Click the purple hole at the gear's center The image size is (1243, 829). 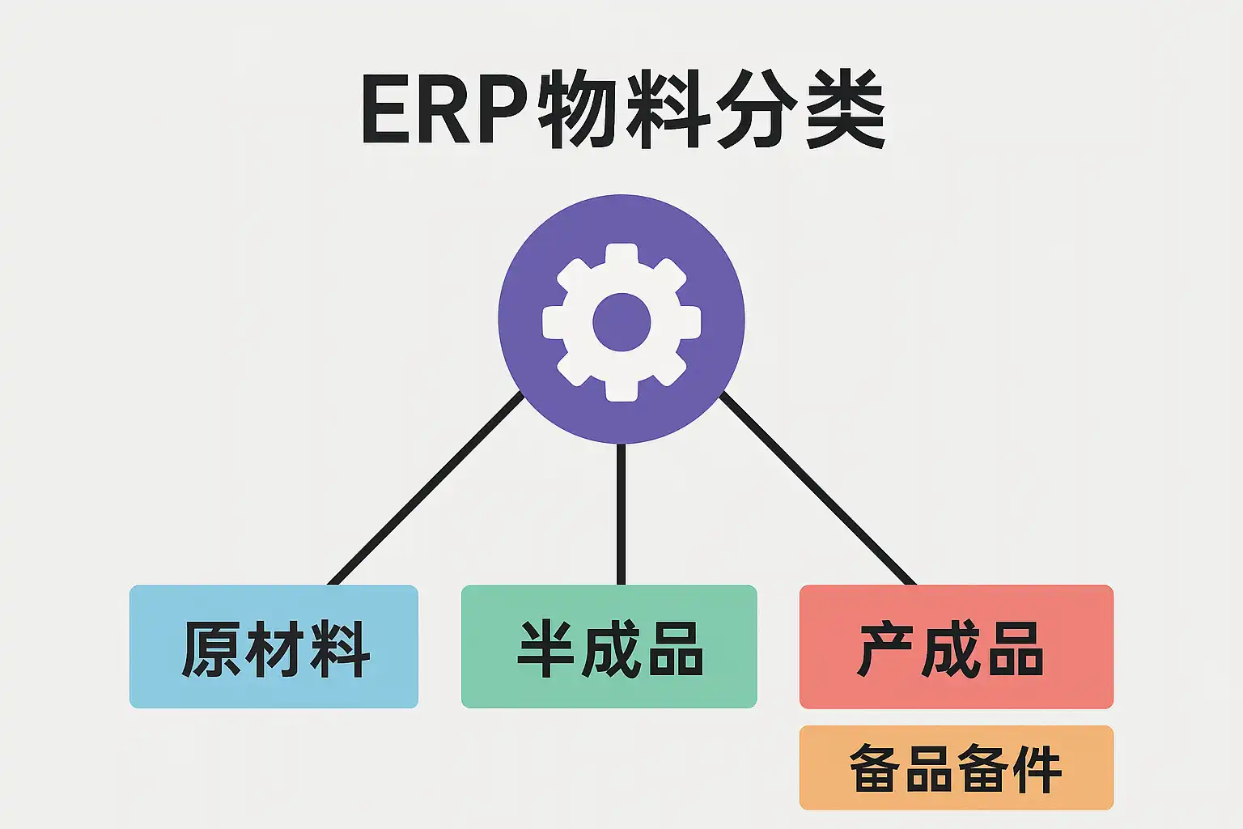pyautogui.click(x=621, y=322)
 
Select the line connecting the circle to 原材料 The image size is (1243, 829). pyautogui.click(x=425, y=488)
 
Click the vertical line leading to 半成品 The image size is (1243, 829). pyautogui.click(x=621, y=514)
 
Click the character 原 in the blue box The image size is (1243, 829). pyautogui.click(x=210, y=649)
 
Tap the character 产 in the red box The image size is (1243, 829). pyautogui.click(x=885, y=649)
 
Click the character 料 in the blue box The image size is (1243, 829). pyautogui.click(x=341, y=649)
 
